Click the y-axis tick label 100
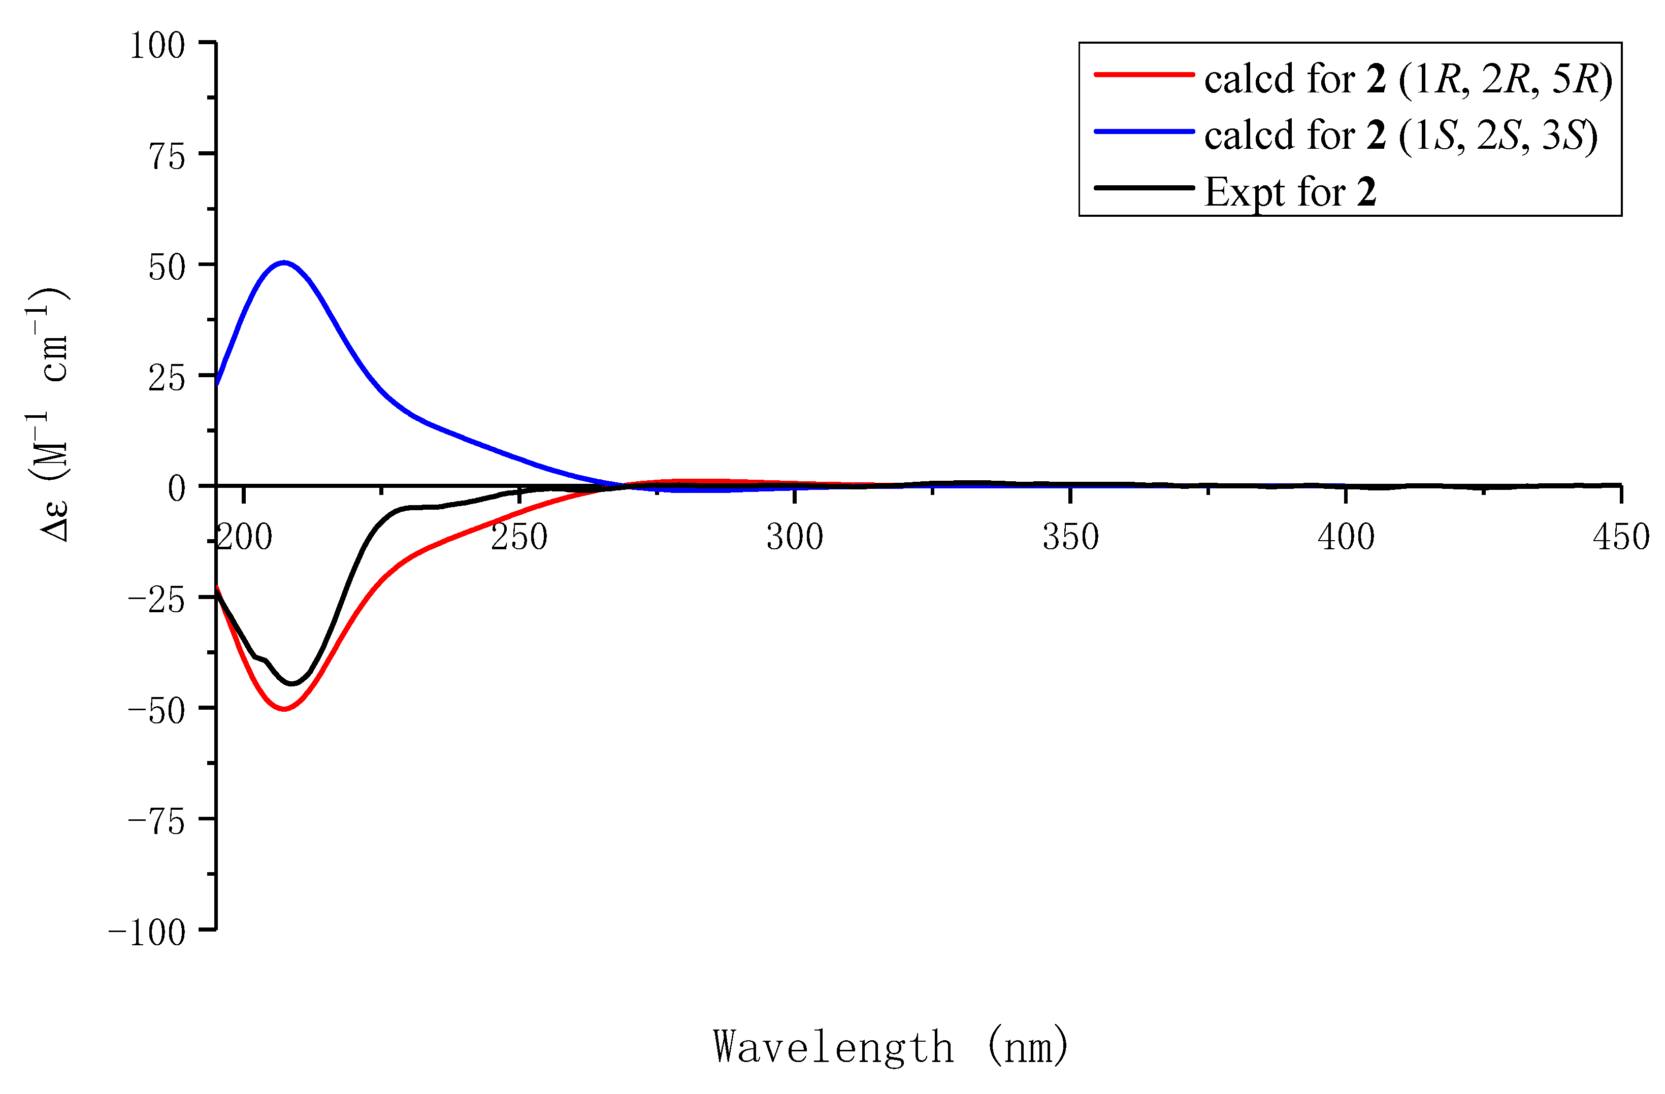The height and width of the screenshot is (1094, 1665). click(x=157, y=46)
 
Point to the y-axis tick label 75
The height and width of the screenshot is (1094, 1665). click(x=167, y=157)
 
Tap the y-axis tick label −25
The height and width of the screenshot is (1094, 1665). click(x=157, y=600)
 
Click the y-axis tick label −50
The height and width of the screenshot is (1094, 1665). click(x=157, y=711)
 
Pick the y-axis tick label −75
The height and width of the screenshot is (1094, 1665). click(x=157, y=821)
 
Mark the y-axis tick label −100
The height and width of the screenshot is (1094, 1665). click(x=147, y=933)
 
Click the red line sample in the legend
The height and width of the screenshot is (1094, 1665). click(x=1144, y=74)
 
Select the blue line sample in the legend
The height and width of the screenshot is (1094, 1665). click(x=1144, y=131)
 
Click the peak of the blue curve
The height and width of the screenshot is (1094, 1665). click(x=283, y=262)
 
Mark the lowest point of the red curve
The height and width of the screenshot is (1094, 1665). click(x=284, y=709)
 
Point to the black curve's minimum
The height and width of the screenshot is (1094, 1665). click(x=292, y=683)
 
